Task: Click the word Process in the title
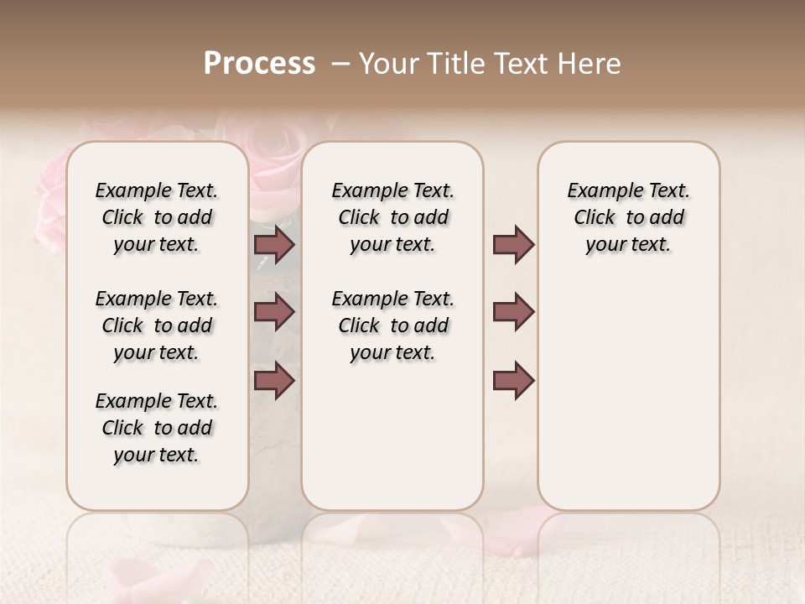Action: coord(259,64)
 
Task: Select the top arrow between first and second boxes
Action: coord(274,245)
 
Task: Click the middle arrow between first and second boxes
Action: coord(274,312)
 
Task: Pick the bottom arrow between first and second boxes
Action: coord(274,380)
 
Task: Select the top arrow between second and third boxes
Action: coord(513,245)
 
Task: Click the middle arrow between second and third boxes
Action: coord(513,312)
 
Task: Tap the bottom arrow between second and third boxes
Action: coord(513,380)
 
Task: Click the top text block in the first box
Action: coord(157,217)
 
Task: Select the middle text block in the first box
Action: coord(157,325)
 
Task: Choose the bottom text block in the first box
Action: coord(157,428)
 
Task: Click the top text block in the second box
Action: coord(392,217)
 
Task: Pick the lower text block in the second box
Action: coord(392,325)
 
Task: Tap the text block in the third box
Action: coord(629,217)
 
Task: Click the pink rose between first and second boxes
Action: coord(275,172)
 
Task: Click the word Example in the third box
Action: coord(598,190)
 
